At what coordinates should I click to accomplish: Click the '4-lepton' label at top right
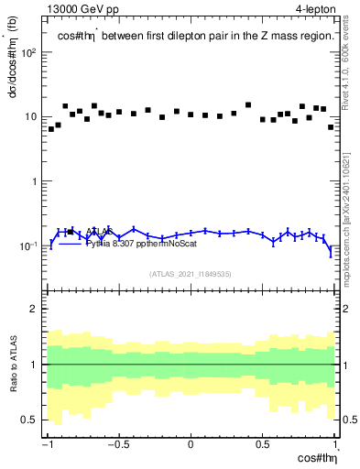pos(315,9)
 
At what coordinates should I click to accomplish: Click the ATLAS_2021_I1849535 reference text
pos(191,273)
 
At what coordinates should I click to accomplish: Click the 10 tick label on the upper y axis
pos(31,117)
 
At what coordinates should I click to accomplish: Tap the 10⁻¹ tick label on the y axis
pos(28,245)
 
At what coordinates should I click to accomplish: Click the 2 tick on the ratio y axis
pos(35,309)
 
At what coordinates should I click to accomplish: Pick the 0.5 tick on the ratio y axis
pos(30,420)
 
